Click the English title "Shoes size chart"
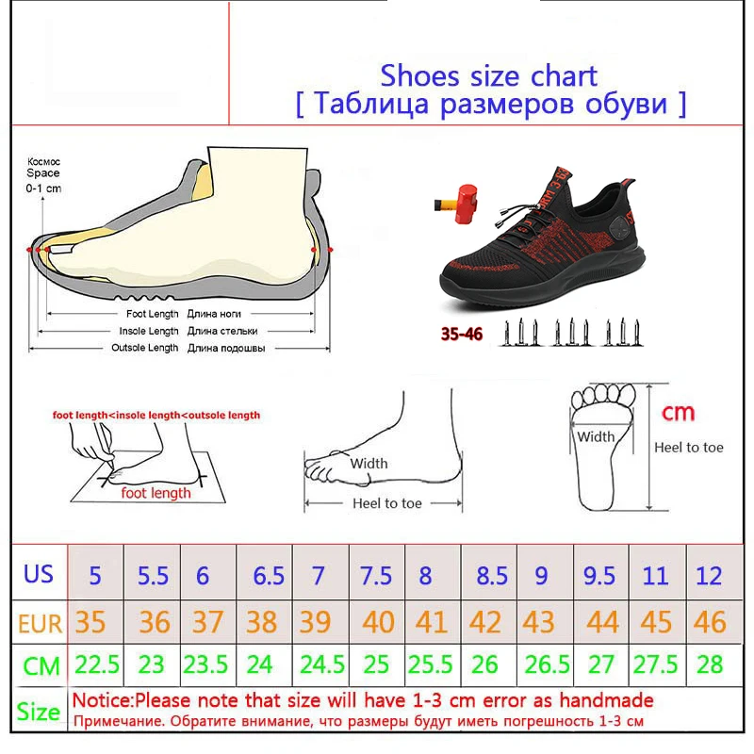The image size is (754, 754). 488,74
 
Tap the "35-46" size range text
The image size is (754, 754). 459,334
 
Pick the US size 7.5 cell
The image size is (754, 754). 375,575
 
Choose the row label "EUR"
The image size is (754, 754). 39,622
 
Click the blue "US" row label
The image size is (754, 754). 39,574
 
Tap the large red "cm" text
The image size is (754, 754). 679,412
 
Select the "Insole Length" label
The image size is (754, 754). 149,331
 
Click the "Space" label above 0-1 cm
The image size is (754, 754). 42,173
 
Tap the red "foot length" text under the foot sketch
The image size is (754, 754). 156,492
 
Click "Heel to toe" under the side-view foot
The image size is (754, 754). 387,503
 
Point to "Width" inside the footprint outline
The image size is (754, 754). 596,436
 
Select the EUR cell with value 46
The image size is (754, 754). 710,621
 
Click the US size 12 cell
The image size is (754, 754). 710,575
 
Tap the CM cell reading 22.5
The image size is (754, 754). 97,665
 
